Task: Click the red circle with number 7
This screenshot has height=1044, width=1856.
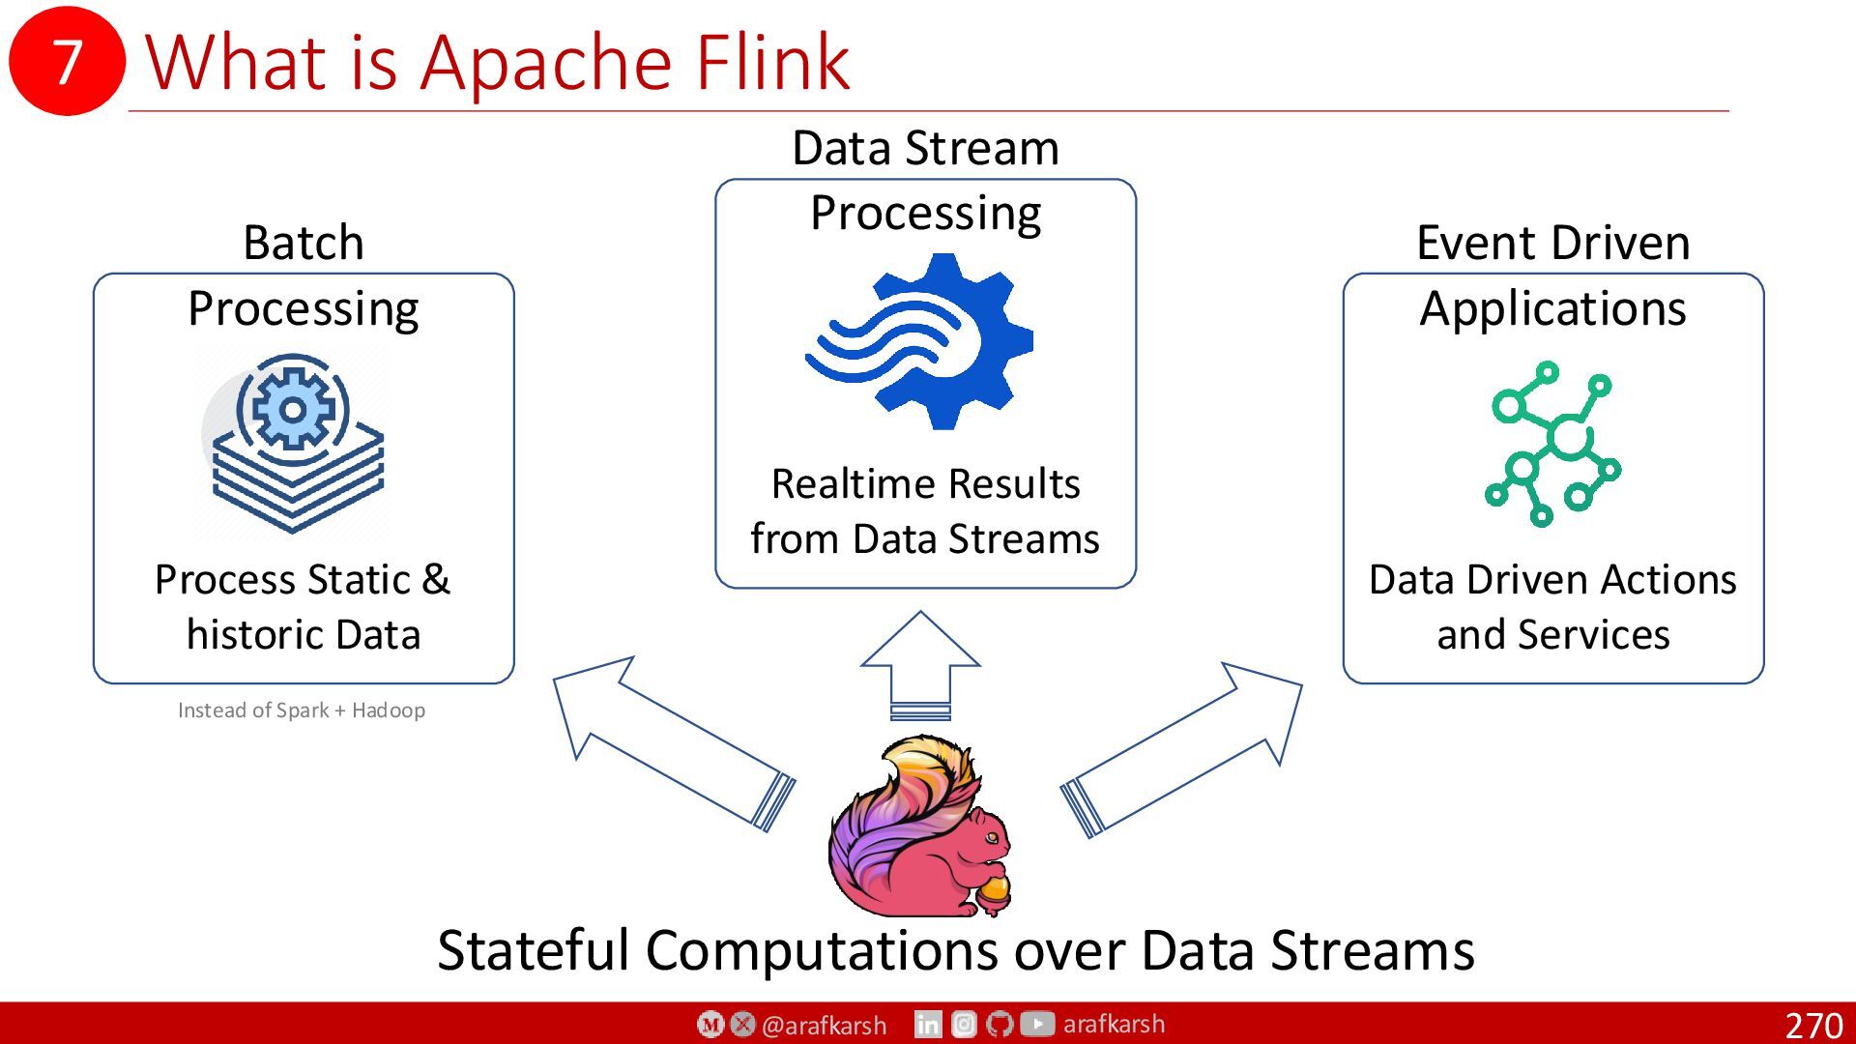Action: coord(67,60)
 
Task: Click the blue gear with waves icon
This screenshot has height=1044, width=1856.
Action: coord(919,341)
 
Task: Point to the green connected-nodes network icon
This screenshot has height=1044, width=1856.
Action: coord(1552,444)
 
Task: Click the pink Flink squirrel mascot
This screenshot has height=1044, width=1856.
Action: coord(919,826)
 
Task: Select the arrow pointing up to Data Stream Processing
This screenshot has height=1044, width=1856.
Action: coord(920,665)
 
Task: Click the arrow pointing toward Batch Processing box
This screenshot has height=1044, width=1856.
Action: coord(674,743)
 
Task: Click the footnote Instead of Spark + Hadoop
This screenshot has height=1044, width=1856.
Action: coord(302,710)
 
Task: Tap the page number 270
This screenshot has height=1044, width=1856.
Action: coord(1813,1025)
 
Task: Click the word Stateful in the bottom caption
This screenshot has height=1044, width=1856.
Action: coord(534,950)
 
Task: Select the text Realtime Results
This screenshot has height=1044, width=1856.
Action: coord(925,483)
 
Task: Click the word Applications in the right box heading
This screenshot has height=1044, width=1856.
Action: coord(1552,309)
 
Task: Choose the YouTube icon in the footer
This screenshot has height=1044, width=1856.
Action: coord(1037,1024)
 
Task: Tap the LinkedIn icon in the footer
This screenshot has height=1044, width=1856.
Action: coord(928,1024)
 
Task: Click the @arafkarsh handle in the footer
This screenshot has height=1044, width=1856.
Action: coord(824,1025)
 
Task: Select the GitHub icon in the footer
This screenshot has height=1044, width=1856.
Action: coord(1000,1024)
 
